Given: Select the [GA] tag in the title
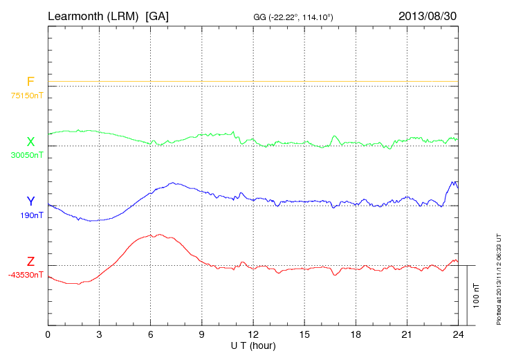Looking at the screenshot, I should (x=157, y=15).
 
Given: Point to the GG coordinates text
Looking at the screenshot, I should (x=294, y=17).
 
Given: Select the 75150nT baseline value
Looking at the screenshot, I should (x=27, y=96).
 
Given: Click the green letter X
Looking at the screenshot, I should (x=30, y=141).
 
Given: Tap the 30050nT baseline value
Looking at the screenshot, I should (x=27, y=155).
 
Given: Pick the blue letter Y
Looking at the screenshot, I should (x=30, y=201).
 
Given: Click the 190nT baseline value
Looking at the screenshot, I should (x=32, y=215).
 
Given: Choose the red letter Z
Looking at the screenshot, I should (x=30, y=262).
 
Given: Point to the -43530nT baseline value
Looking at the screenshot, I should (x=26, y=275).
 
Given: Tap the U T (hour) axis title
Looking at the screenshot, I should (x=253, y=345).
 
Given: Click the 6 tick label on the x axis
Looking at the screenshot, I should (x=151, y=334).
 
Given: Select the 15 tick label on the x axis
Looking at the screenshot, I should (x=304, y=334).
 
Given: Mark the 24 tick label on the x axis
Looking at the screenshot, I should (x=458, y=334).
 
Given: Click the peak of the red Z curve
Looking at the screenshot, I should (x=159, y=235).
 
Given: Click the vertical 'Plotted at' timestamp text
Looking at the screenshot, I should (x=498, y=277).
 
